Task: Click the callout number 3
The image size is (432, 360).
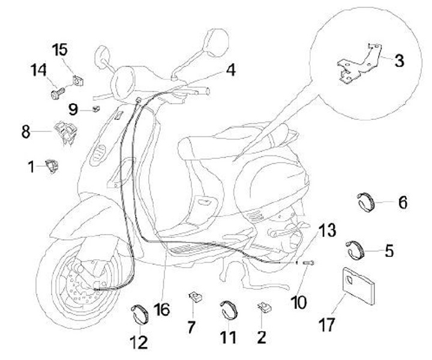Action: point(399,61)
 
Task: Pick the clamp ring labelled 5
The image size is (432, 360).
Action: point(356,248)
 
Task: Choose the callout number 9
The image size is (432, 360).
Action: point(73,109)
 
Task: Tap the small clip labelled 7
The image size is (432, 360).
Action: point(194,297)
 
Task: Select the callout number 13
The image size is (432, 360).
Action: point(328,230)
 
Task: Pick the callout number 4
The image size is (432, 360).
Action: point(230,70)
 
